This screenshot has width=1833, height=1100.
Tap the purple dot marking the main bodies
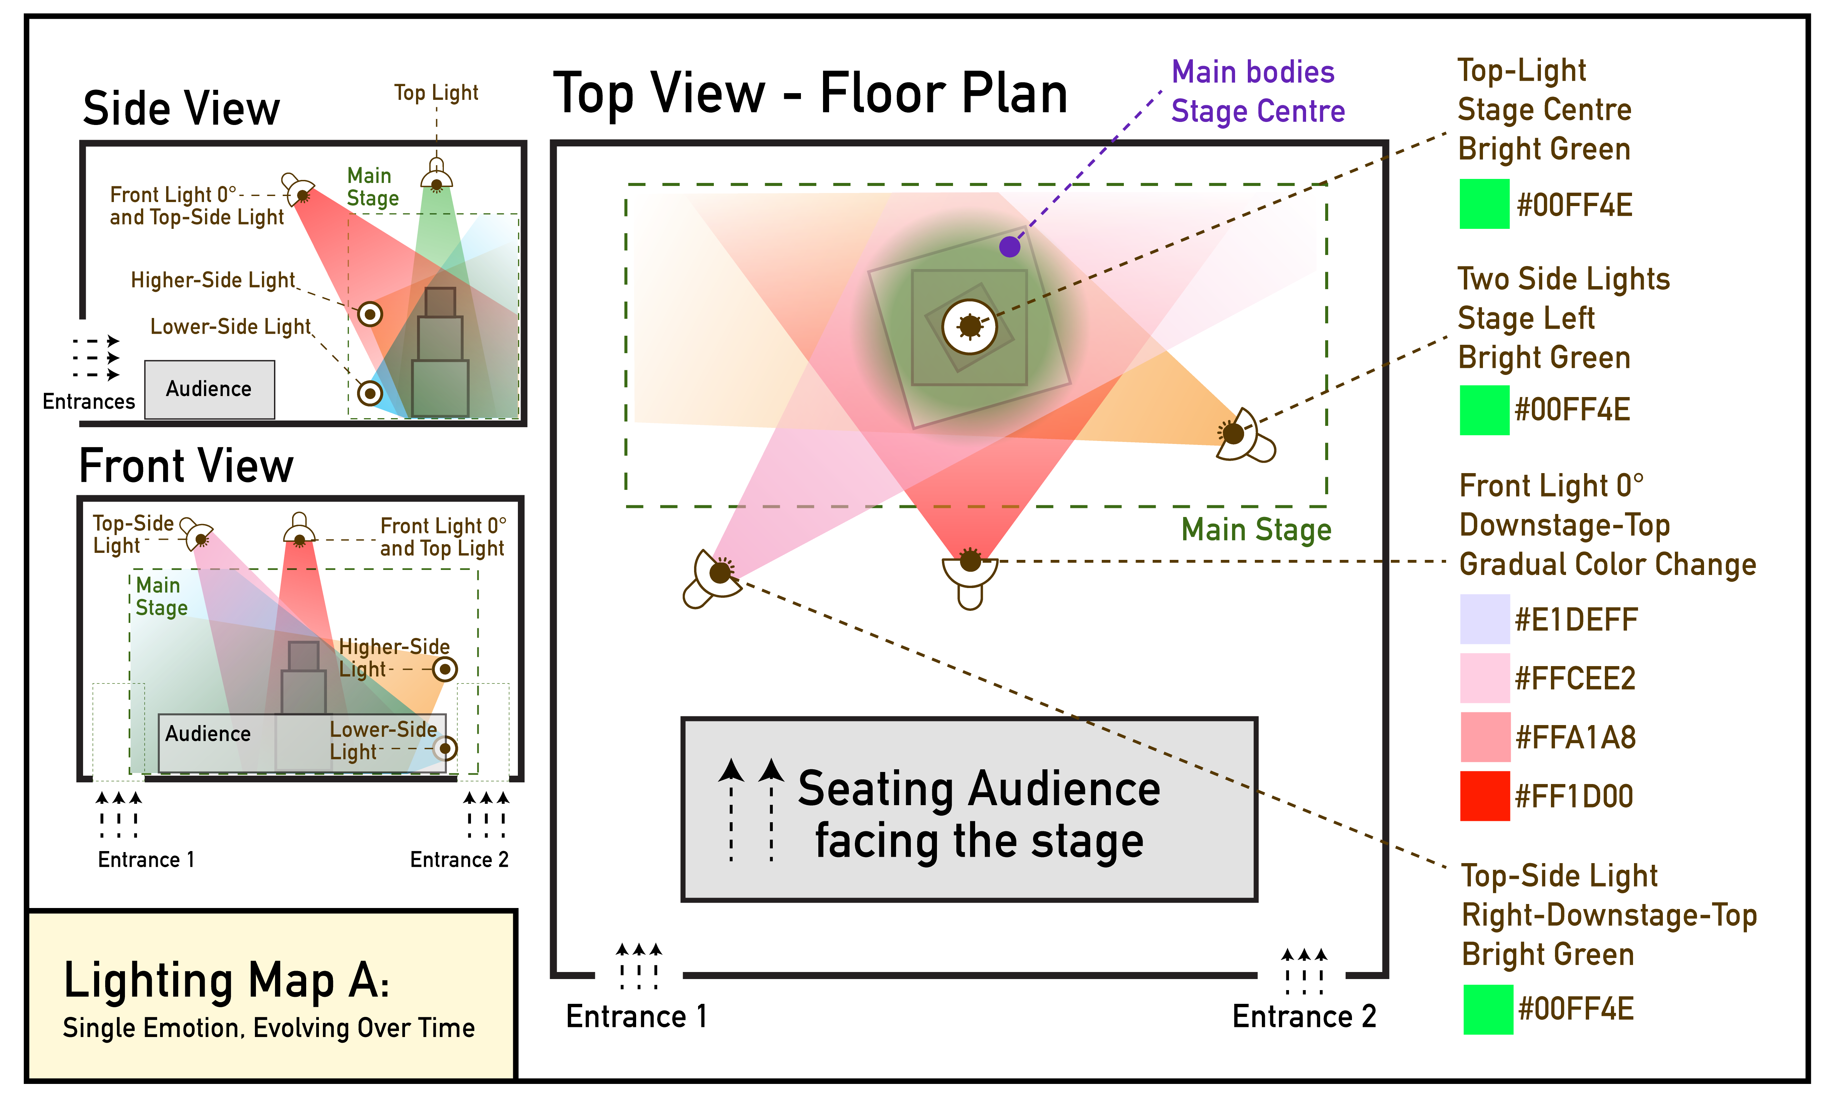1009,246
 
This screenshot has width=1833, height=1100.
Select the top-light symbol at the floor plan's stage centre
969,326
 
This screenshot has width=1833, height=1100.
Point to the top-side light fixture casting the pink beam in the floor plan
713,578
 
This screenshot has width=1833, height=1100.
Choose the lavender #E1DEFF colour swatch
1484,619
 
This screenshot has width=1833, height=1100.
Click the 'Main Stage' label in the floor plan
1256,530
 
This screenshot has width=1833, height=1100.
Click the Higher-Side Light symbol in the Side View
370,314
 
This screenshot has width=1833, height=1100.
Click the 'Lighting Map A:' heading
226,980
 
